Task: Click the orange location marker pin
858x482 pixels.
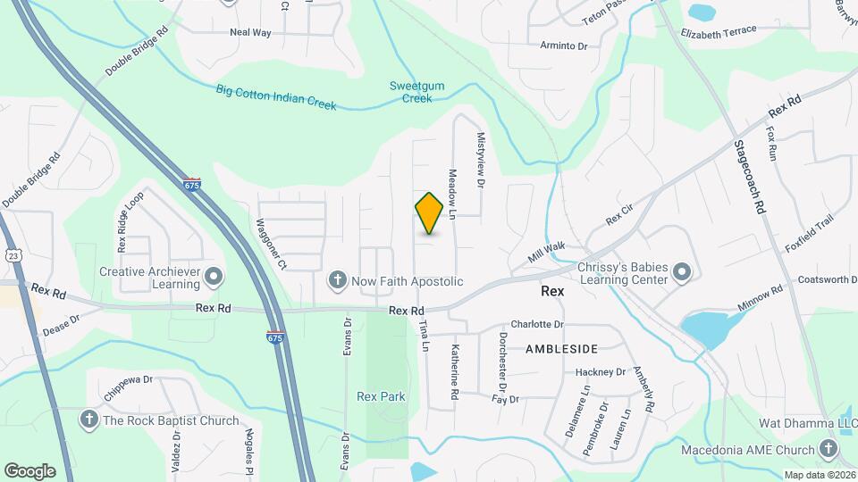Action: pyautogui.click(x=429, y=212)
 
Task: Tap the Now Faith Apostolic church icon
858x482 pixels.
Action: pyautogui.click(x=338, y=281)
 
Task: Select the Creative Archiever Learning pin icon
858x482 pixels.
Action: pyautogui.click(x=214, y=278)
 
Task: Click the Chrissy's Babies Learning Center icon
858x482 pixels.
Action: pyautogui.click(x=682, y=272)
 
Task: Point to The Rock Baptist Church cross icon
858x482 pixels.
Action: pyautogui.click(x=88, y=420)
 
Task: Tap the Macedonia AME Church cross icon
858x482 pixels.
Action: pyautogui.click(x=829, y=450)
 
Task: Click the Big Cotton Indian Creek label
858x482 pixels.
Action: pyautogui.click(x=275, y=97)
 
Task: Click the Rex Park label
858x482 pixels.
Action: pyautogui.click(x=381, y=396)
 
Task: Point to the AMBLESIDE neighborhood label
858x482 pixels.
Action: pyautogui.click(x=561, y=347)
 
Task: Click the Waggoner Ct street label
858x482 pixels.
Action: pyautogui.click(x=271, y=244)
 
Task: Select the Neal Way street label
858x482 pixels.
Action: pyautogui.click(x=250, y=32)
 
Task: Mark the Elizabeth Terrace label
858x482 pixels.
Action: pyautogui.click(x=718, y=31)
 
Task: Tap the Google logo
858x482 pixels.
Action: pyautogui.click(x=29, y=470)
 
